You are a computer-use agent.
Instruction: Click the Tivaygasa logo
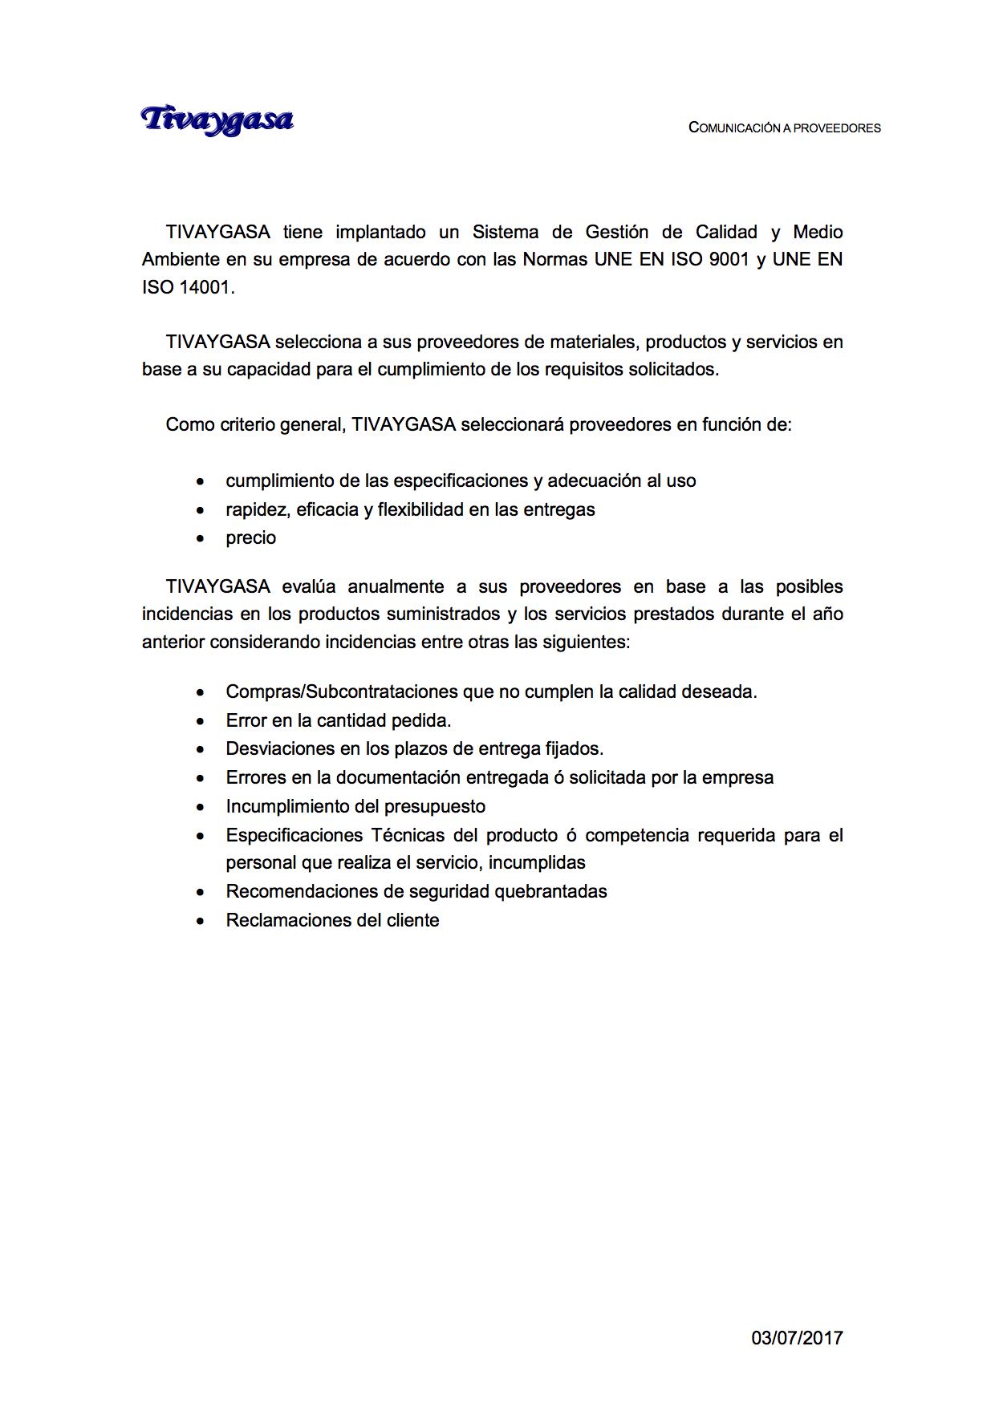pyautogui.click(x=217, y=120)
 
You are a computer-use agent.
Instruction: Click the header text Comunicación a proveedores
pyautogui.click(x=784, y=128)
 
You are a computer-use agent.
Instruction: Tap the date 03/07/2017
pyautogui.click(x=797, y=1337)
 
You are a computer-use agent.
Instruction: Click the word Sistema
pyautogui.click(x=506, y=233)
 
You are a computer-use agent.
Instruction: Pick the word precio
pyautogui.click(x=250, y=538)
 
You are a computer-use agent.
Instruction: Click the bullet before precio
pyautogui.click(x=201, y=539)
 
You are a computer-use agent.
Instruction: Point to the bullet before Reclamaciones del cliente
pyautogui.click(x=201, y=922)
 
